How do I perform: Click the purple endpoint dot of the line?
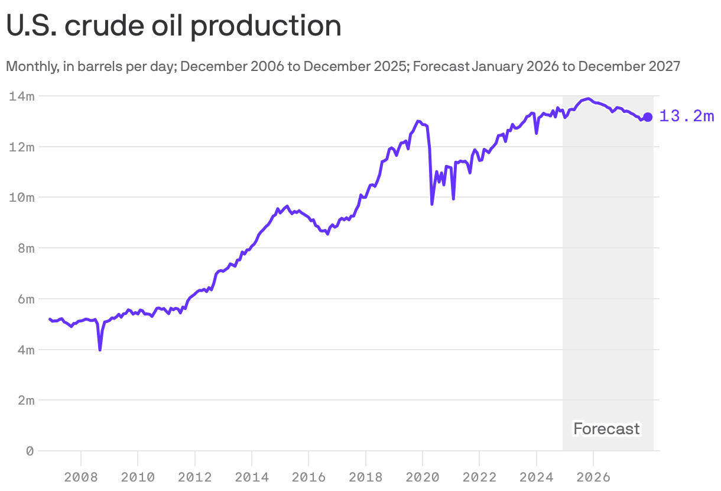[x=648, y=117]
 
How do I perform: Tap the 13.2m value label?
[x=686, y=117]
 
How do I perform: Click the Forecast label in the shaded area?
[x=606, y=429]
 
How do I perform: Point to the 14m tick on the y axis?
[x=22, y=96]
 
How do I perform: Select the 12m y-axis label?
[x=22, y=147]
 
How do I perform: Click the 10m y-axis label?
[x=22, y=198]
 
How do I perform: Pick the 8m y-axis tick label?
[x=25, y=248]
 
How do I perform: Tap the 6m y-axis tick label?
[x=25, y=299]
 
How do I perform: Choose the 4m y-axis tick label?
[x=25, y=350]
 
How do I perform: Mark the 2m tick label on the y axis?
[x=25, y=400]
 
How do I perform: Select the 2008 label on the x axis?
[x=80, y=477]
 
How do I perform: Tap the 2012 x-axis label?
[x=194, y=477]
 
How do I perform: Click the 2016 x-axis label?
[x=308, y=477]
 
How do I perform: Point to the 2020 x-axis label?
[x=423, y=477]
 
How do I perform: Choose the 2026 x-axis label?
[x=593, y=477]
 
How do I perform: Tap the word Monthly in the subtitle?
[x=30, y=66]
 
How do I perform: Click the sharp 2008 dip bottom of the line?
[x=100, y=350]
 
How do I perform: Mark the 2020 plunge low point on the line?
[x=432, y=204]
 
